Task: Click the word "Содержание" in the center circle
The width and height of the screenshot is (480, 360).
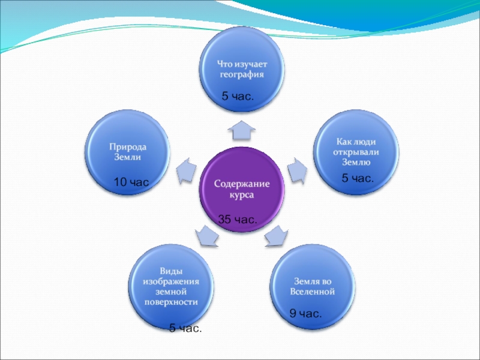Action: click(x=242, y=184)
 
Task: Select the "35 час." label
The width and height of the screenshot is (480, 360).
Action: click(x=238, y=220)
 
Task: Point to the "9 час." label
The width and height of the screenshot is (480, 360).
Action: click(x=305, y=313)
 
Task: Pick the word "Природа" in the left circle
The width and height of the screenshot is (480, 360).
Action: click(x=128, y=146)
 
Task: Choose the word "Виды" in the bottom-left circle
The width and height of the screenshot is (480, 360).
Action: click(x=171, y=271)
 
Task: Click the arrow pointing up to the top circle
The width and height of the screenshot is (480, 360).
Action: click(x=241, y=127)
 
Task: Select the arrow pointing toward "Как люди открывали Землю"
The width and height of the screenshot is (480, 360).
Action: click(x=296, y=169)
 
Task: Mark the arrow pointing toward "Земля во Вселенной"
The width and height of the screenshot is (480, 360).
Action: click(x=275, y=235)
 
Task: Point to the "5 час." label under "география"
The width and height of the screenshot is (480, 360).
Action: click(x=238, y=95)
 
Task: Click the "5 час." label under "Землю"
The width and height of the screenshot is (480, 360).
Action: click(x=358, y=178)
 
